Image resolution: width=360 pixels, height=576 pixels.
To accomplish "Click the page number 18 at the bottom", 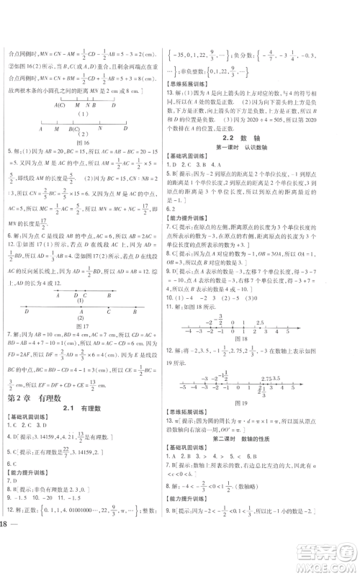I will coord(9,563).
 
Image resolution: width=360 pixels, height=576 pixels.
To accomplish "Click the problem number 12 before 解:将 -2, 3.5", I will coord(169,354).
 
